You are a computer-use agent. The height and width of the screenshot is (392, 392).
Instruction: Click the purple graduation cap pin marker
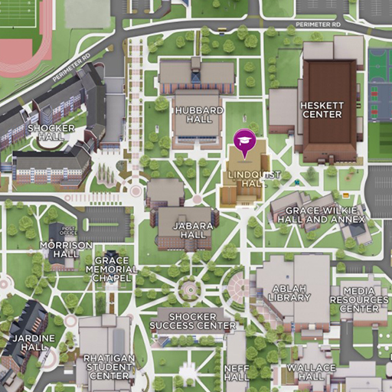(x=244, y=142)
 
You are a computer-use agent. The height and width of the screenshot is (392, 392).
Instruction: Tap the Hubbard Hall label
(x=193, y=115)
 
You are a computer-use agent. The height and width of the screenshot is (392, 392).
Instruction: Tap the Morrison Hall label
(x=65, y=250)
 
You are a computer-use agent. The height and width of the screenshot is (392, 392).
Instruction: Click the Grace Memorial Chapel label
(x=112, y=269)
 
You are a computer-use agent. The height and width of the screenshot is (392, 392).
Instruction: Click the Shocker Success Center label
(x=192, y=321)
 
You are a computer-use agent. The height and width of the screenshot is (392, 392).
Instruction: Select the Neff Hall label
(x=237, y=372)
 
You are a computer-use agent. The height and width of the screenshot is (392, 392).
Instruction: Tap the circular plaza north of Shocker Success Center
(x=188, y=289)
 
